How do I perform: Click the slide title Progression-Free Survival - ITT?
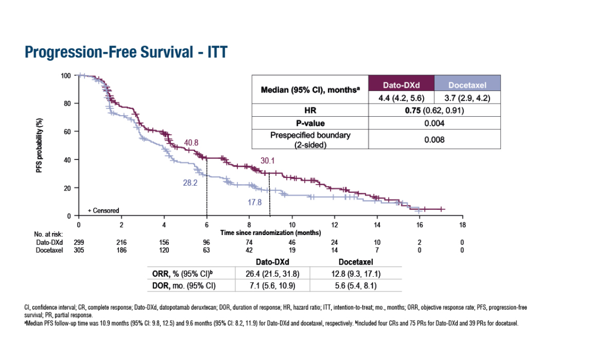click(x=126, y=52)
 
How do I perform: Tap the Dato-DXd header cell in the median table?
click(x=401, y=85)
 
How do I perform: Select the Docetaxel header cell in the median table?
click(x=467, y=85)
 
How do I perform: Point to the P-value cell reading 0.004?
click(x=434, y=123)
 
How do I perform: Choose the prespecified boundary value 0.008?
click(x=434, y=139)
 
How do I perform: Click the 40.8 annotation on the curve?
click(x=191, y=143)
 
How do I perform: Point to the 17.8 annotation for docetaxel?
click(x=254, y=202)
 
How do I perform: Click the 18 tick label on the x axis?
click(x=462, y=225)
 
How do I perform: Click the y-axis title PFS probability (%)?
click(x=39, y=145)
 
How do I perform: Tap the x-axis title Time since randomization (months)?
click(x=271, y=233)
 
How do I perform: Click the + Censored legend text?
click(x=104, y=210)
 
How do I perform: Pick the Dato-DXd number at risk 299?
click(x=79, y=242)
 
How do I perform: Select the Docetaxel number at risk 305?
click(x=79, y=249)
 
